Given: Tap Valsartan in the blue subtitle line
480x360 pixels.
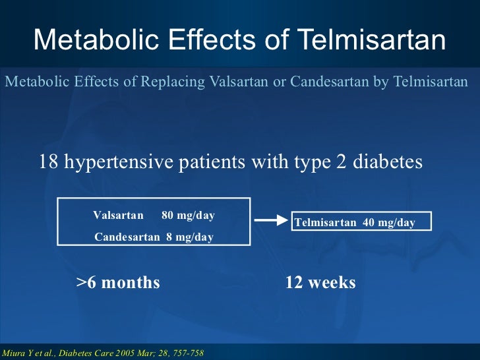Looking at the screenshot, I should (x=237, y=82).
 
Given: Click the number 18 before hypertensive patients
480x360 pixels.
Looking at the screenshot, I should (x=48, y=162).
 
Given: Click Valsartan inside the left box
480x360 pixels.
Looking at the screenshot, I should (x=118, y=216).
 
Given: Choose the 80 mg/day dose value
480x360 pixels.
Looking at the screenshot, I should (x=188, y=216).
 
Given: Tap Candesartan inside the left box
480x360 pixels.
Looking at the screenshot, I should (x=127, y=237).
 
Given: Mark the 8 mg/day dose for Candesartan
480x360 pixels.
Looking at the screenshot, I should (x=189, y=237).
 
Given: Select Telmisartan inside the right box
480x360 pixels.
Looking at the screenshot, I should (x=325, y=223).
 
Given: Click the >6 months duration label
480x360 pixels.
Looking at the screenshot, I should (x=118, y=283).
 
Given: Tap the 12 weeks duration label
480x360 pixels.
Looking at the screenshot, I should (x=320, y=283).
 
